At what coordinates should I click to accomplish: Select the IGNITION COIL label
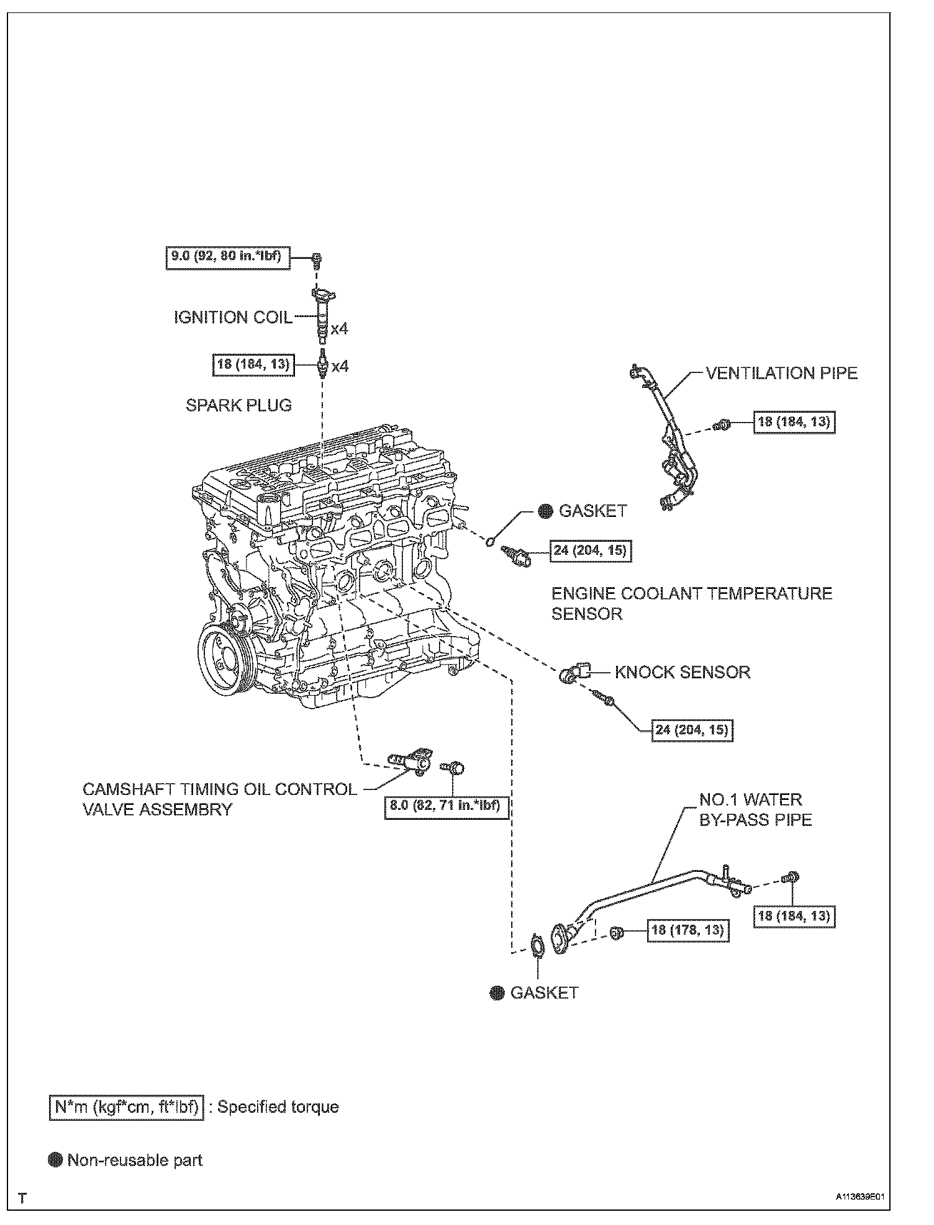(x=233, y=317)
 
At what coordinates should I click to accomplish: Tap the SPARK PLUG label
(x=238, y=405)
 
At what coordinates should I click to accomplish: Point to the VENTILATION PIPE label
(x=782, y=373)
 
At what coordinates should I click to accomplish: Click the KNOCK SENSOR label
(x=682, y=672)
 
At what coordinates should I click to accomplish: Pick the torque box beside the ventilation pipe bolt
(x=794, y=422)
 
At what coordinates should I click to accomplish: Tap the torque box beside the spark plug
(x=252, y=364)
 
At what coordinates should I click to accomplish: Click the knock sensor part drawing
(x=572, y=673)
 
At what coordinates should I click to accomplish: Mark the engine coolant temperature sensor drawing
(x=517, y=555)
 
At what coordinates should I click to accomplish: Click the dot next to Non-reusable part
(x=56, y=1160)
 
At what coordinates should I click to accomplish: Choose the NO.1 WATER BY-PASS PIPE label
(x=755, y=809)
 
